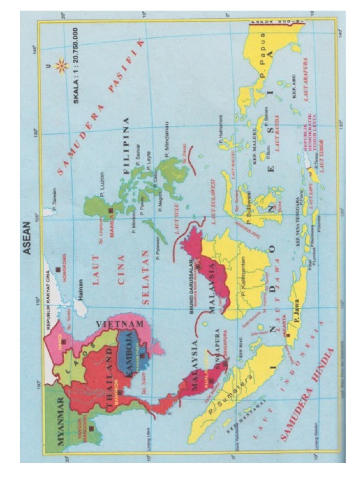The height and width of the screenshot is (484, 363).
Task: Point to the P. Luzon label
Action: point(103,182)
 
